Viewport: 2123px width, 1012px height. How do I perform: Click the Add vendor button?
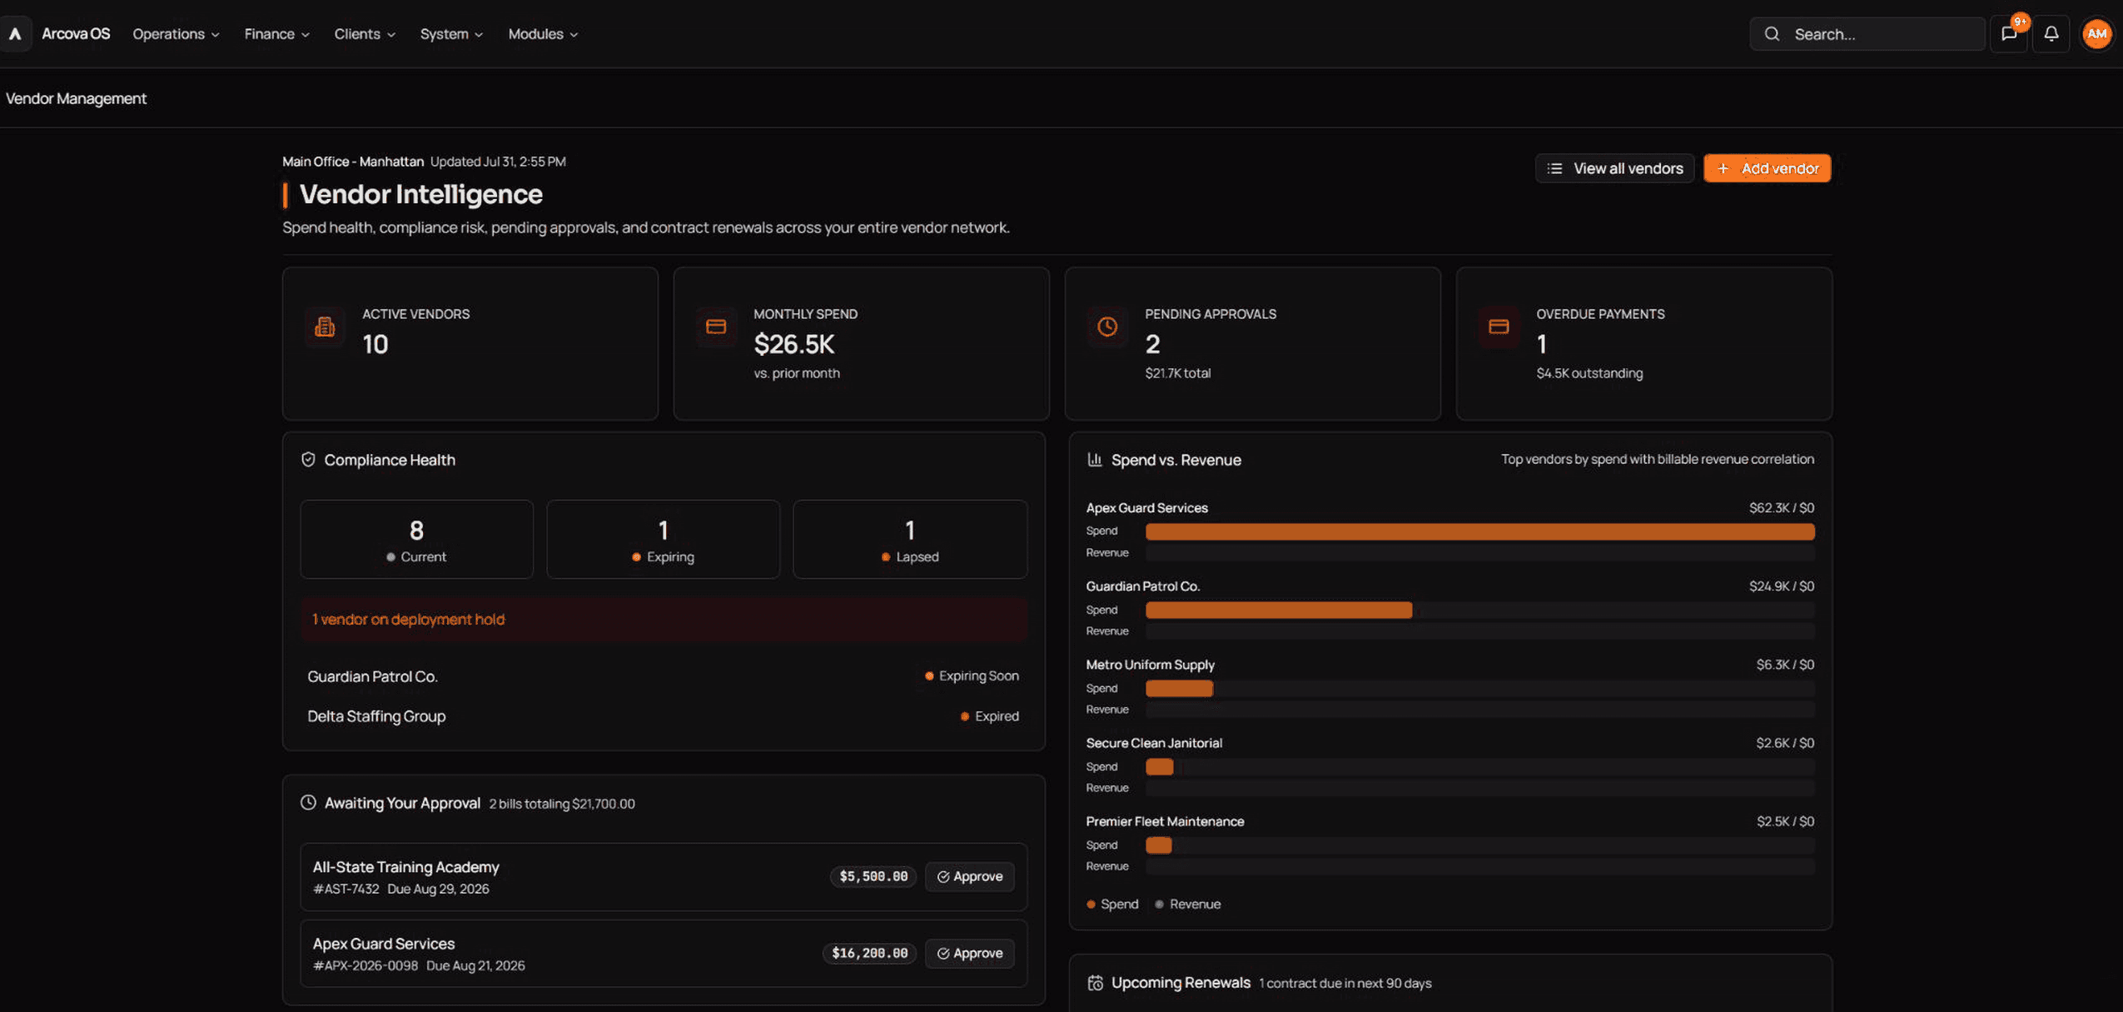pyautogui.click(x=1767, y=168)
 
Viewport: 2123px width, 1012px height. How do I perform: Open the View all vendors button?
pyautogui.click(x=1614, y=168)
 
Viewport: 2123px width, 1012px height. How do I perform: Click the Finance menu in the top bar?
pyautogui.click(x=276, y=34)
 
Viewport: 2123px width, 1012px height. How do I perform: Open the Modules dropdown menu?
pyautogui.click(x=543, y=34)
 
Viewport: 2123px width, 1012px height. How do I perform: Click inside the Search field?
pyautogui.click(x=1867, y=34)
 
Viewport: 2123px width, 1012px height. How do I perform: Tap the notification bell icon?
pyautogui.click(x=2051, y=34)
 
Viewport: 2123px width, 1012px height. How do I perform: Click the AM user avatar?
pyautogui.click(x=2096, y=34)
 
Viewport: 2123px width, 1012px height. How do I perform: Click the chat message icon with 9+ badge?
pyautogui.click(x=2009, y=34)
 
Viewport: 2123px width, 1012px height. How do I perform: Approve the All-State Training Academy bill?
pyautogui.click(x=969, y=876)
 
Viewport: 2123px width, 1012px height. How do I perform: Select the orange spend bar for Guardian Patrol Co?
pyautogui.click(x=1279, y=611)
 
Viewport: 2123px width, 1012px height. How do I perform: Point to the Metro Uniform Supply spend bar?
pyautogui.click(x=1179, y=689)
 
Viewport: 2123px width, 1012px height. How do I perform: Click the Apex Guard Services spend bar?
pyautogui.click(x=1479, y=531)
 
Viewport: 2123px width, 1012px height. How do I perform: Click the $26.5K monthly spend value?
pyautogui.click(x=793, y=344)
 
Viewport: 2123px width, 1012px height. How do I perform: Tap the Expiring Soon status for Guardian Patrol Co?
pyautogui.click(x=972, y=676)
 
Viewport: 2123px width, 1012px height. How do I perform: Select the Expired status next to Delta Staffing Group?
pyautogui.click(x=989, y=716)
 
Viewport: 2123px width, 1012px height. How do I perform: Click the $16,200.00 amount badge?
pyautogui.click(x=869, y=953)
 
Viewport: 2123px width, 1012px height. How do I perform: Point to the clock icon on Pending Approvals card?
pyautogui.click(x=1107, y=327)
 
